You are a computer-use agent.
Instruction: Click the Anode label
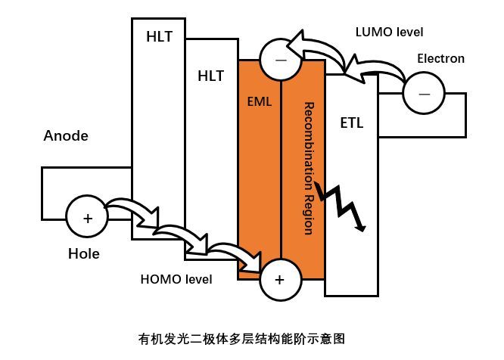tap(66, 136)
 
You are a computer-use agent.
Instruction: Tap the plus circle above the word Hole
tap(88, 219)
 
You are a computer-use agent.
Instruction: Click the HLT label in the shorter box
tap(210, 76)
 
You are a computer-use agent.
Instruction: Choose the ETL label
tap(352, 123)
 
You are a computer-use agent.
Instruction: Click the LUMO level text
tap(389, 32)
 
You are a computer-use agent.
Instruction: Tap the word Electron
tap(441, 58)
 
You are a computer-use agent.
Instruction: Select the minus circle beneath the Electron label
tap(423, 94)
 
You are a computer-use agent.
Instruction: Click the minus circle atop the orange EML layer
tap(279, 58)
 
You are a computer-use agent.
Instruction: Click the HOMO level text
tap(176, 279)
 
